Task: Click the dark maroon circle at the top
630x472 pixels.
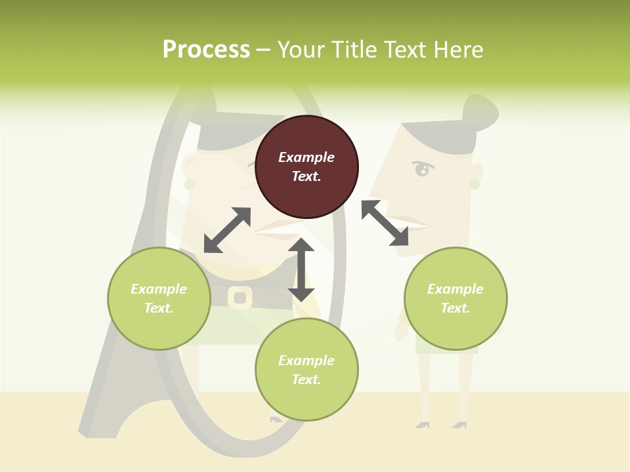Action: coord(306,167)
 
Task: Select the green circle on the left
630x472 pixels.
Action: coord(159,298)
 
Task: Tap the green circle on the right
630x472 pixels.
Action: coord(455,298)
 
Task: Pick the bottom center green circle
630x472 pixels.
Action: coord(306,370)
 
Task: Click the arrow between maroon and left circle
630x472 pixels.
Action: coord(227,230)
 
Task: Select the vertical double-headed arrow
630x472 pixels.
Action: coord(301,269)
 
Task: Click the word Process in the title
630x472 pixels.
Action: coord(206,49)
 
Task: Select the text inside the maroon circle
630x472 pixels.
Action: coord(306,167)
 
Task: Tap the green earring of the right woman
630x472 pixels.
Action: coord(474,184)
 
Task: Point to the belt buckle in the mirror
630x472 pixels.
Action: coord(240,298)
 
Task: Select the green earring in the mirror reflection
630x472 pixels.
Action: coord(190,185)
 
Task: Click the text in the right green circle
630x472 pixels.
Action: coord(455,298)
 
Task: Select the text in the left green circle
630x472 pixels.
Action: coord(159,298)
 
